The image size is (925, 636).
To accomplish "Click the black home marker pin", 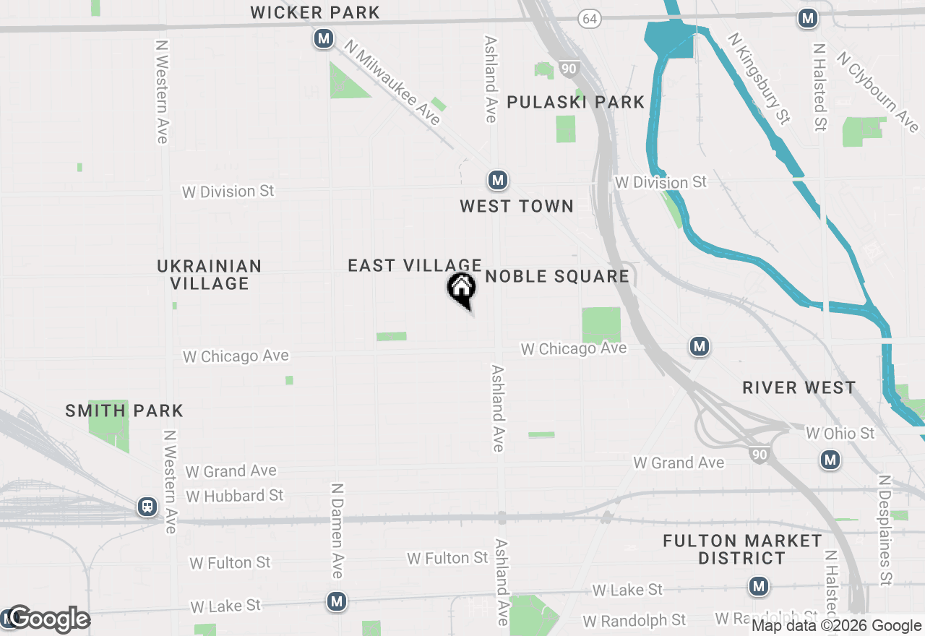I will click(461, 290).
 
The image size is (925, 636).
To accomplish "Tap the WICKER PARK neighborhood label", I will click(315, 12).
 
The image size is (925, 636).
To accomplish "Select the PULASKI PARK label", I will click(575, 102).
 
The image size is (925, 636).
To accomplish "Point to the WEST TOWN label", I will click(517, 206).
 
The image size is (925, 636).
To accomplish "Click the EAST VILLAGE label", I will click(415, 265).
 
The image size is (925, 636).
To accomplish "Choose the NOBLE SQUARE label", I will click(557, 276).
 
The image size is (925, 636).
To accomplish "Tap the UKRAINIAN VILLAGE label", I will click(210, 275).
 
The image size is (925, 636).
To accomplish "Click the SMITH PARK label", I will click(124, 411).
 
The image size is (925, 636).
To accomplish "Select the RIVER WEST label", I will click(799, 387).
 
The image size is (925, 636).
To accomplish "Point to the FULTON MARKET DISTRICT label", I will click(742, 549).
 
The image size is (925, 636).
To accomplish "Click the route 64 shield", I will click(589, 20).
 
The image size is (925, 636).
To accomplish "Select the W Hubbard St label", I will click(235, 496).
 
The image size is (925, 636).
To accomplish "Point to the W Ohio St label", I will click(840, 434).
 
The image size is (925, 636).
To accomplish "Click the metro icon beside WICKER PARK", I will click(323, 38).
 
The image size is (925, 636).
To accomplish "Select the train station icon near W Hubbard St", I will click(148, 507).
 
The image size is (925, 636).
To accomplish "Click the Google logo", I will click(48, 619).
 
